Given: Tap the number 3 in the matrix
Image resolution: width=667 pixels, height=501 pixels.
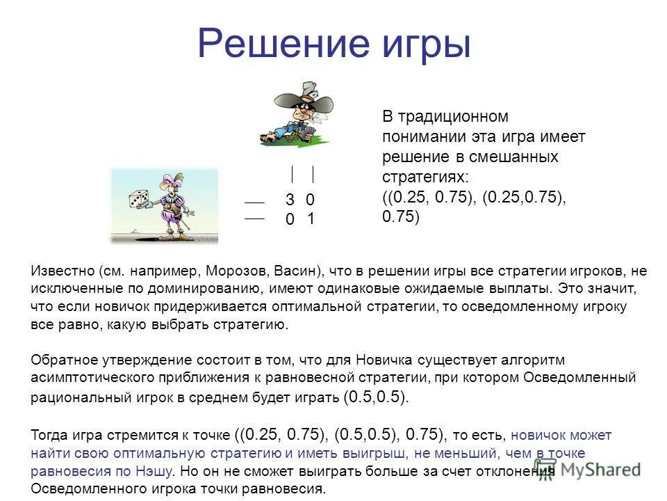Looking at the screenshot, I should (x=290, y=200).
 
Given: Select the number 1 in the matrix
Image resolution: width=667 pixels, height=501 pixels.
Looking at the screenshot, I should (x=311, y=218).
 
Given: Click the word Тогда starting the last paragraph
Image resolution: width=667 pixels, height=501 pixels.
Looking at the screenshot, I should (x=49, y=436).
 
